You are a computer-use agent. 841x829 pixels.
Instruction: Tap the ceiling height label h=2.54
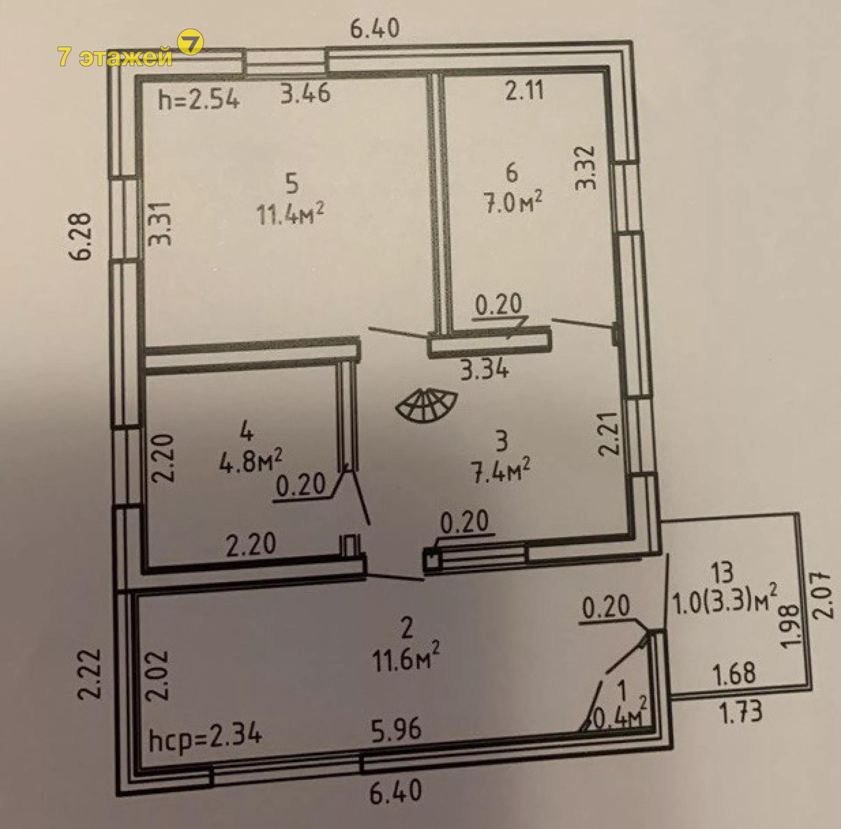(199, 100)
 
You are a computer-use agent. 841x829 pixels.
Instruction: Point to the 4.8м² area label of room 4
(251, 460)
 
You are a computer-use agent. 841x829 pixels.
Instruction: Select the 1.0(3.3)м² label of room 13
(724, 603)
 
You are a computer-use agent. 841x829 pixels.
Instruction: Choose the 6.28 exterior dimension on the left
(82, 237)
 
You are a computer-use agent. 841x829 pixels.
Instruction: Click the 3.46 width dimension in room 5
(305, 93)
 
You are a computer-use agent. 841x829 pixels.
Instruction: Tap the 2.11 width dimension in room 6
(524, 91)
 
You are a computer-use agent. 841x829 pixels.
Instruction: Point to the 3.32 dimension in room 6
(586, 167)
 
